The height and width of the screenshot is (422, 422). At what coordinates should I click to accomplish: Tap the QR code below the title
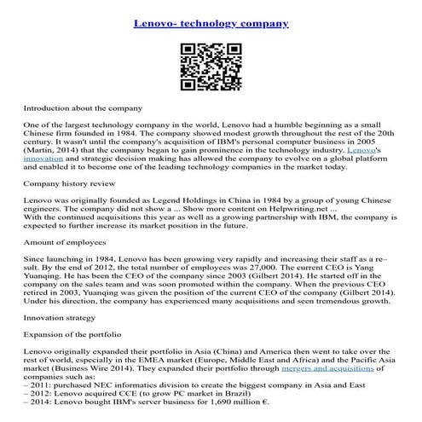pyautogui.click(x=211, y=66)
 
